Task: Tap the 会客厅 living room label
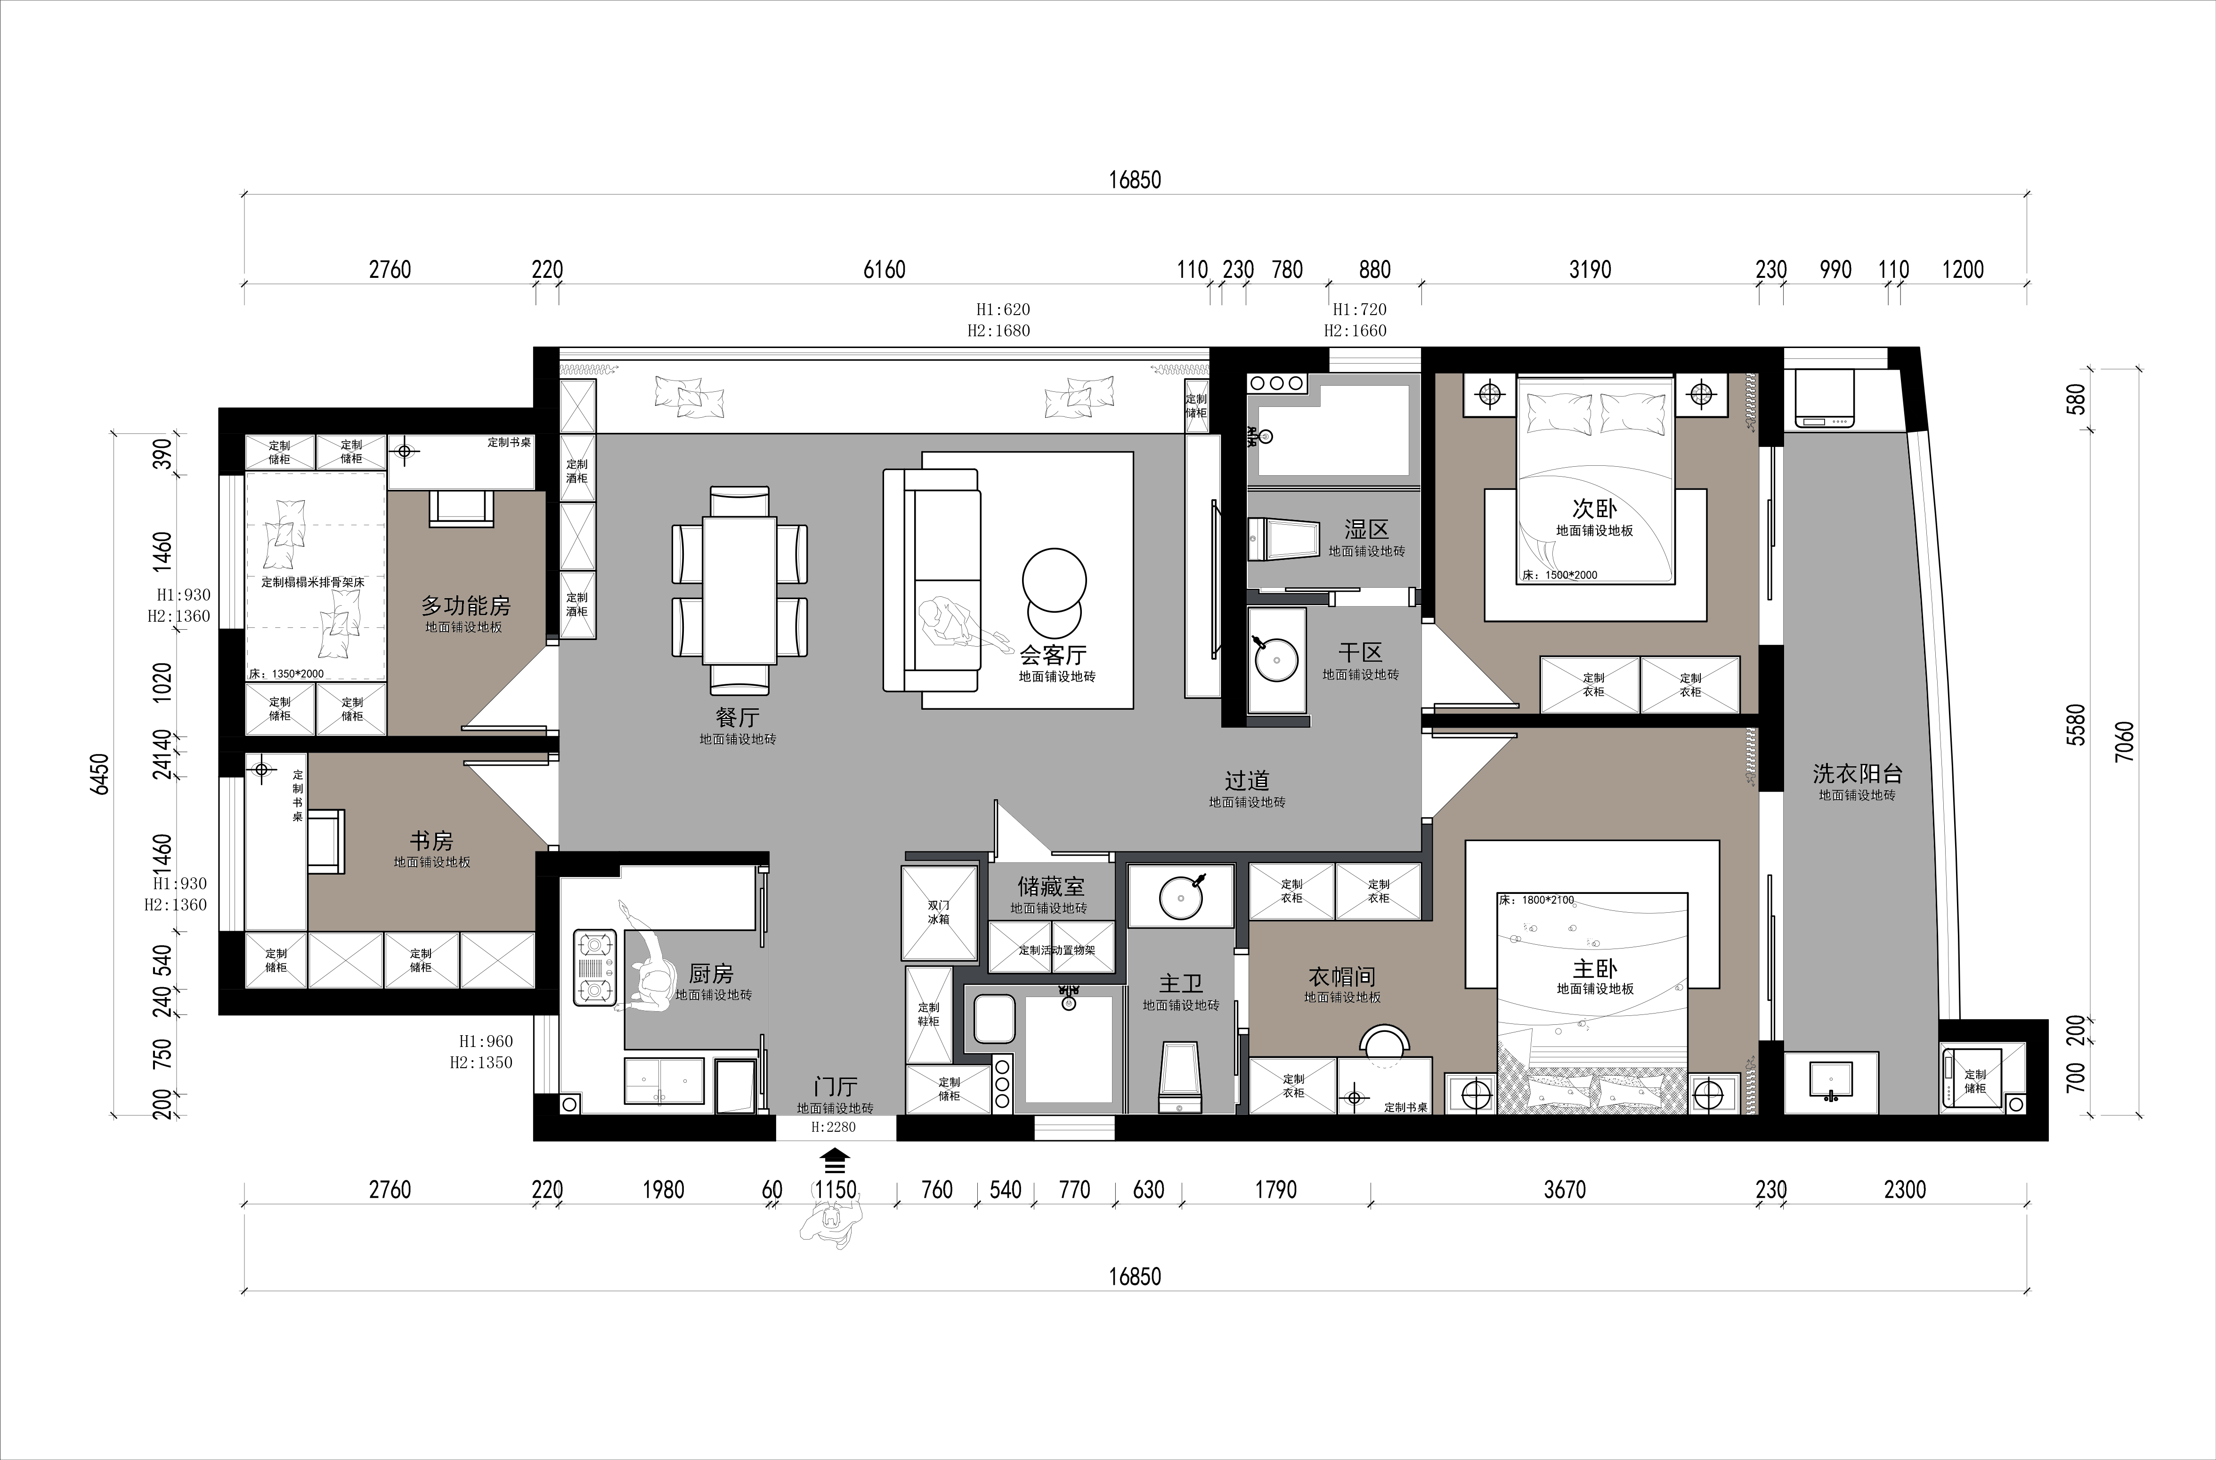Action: point(1053,655)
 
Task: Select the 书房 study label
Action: point(431,841)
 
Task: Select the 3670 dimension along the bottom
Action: point(1564,1189)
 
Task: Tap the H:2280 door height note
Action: point(833,1127)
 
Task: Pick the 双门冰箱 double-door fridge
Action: point(940,913)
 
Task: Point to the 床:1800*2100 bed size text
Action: point(1536,900)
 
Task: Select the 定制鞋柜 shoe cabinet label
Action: point(928,1014)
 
